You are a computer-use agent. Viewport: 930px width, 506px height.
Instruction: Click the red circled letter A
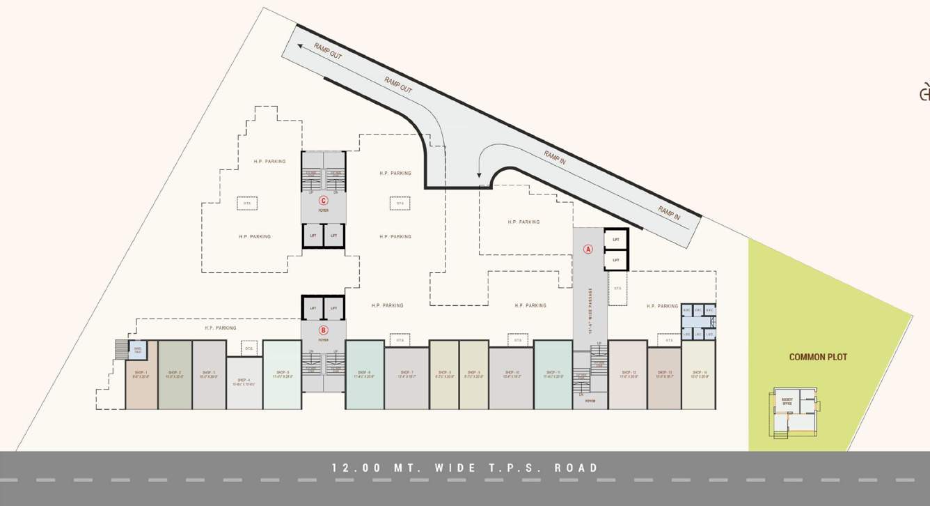click(x=588, y=249)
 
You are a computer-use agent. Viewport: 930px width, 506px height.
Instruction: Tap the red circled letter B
click(x=323, y=330)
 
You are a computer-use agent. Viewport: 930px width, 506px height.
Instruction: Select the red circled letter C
click(x=323, y=201)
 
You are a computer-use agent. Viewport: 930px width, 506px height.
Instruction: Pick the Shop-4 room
click(x=244, y=383)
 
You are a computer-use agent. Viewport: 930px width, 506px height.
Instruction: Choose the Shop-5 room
click(x=282, y=374)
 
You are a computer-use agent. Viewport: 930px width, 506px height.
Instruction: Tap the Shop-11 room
click(x=553, y=374)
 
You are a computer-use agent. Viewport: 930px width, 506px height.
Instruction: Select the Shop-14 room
click(x=698, y=374)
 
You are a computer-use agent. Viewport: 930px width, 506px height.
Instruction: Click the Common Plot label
click(x=818, y=357)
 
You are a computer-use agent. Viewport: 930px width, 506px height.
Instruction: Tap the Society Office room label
click(x=787, y=401)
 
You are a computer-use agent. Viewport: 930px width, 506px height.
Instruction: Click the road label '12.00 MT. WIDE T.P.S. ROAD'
click(x=465, y=468)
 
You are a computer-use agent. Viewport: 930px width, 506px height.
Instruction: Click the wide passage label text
click(x=590, y=311)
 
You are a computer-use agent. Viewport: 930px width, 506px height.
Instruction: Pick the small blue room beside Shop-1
click(x=138, y=350)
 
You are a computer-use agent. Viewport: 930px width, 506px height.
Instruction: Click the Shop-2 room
click(x=175, y=374)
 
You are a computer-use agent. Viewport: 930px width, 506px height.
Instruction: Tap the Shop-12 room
click(x=628, y=374)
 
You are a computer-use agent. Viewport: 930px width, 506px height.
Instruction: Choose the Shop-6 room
click(x=364, y=374)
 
